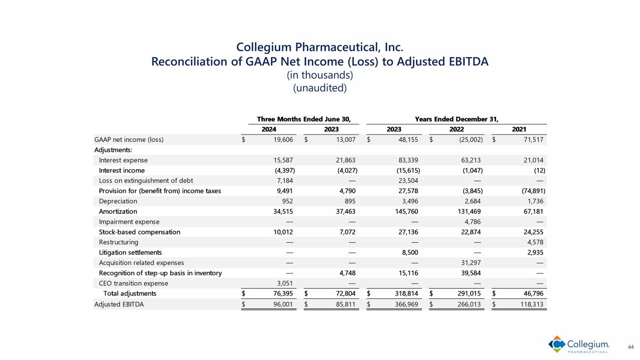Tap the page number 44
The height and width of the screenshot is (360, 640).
click(631, 347)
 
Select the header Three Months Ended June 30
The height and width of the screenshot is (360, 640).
click(307, 119)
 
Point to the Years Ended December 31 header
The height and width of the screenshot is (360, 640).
click(457, 119)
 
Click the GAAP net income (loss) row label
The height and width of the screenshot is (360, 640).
click(128, 139)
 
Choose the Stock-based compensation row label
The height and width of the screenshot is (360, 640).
click(139, 232)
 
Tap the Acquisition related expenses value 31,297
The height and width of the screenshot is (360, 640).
click(471, 262)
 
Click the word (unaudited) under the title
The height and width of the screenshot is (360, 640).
click(320, 88)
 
